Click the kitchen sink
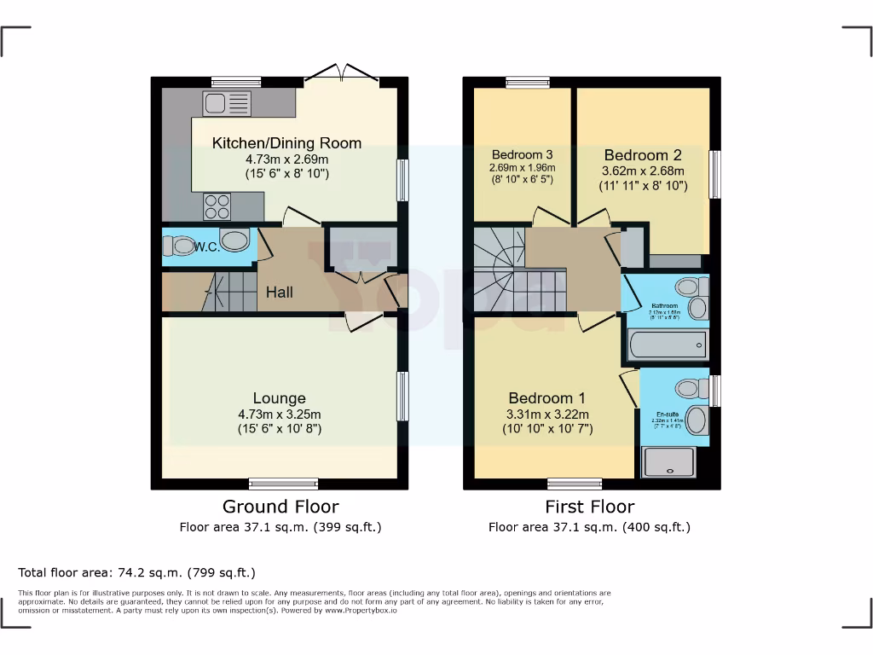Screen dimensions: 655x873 227,104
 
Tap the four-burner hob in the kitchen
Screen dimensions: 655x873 217,206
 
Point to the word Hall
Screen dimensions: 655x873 280,293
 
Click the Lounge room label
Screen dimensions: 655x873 279,398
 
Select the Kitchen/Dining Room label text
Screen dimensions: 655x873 286,143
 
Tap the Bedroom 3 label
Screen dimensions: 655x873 522,154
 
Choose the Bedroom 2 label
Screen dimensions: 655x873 642,155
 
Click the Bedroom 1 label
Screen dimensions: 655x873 546,398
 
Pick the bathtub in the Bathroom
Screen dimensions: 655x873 668,345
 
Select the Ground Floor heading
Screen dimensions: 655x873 280,507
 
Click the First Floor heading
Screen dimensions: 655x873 590,507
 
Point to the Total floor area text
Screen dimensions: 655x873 136,572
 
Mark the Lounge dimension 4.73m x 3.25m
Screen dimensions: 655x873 280,414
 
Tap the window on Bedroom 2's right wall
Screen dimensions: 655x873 715,175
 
